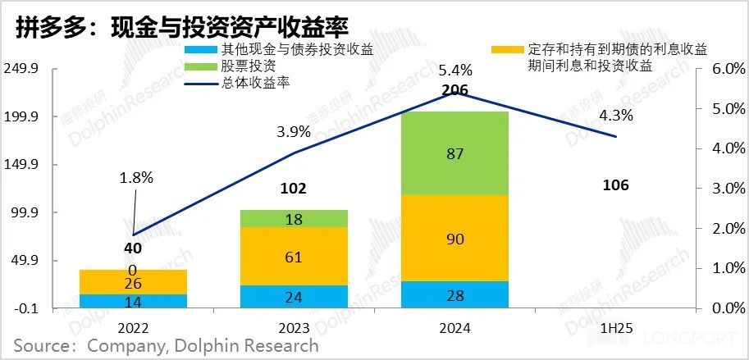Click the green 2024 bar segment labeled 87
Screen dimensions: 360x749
click(x=455, y=153)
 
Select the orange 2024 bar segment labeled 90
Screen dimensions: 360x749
click(x=455, y=239)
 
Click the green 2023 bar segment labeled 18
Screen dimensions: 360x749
click(x=294, y=218)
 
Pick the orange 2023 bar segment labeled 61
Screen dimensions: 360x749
click(x=294, y=256)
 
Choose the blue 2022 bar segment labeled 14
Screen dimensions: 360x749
click(x=133, y=301)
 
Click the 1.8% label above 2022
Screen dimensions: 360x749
click(x=135, y=177)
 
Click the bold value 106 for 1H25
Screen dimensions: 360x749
click(x=615, y=185)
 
